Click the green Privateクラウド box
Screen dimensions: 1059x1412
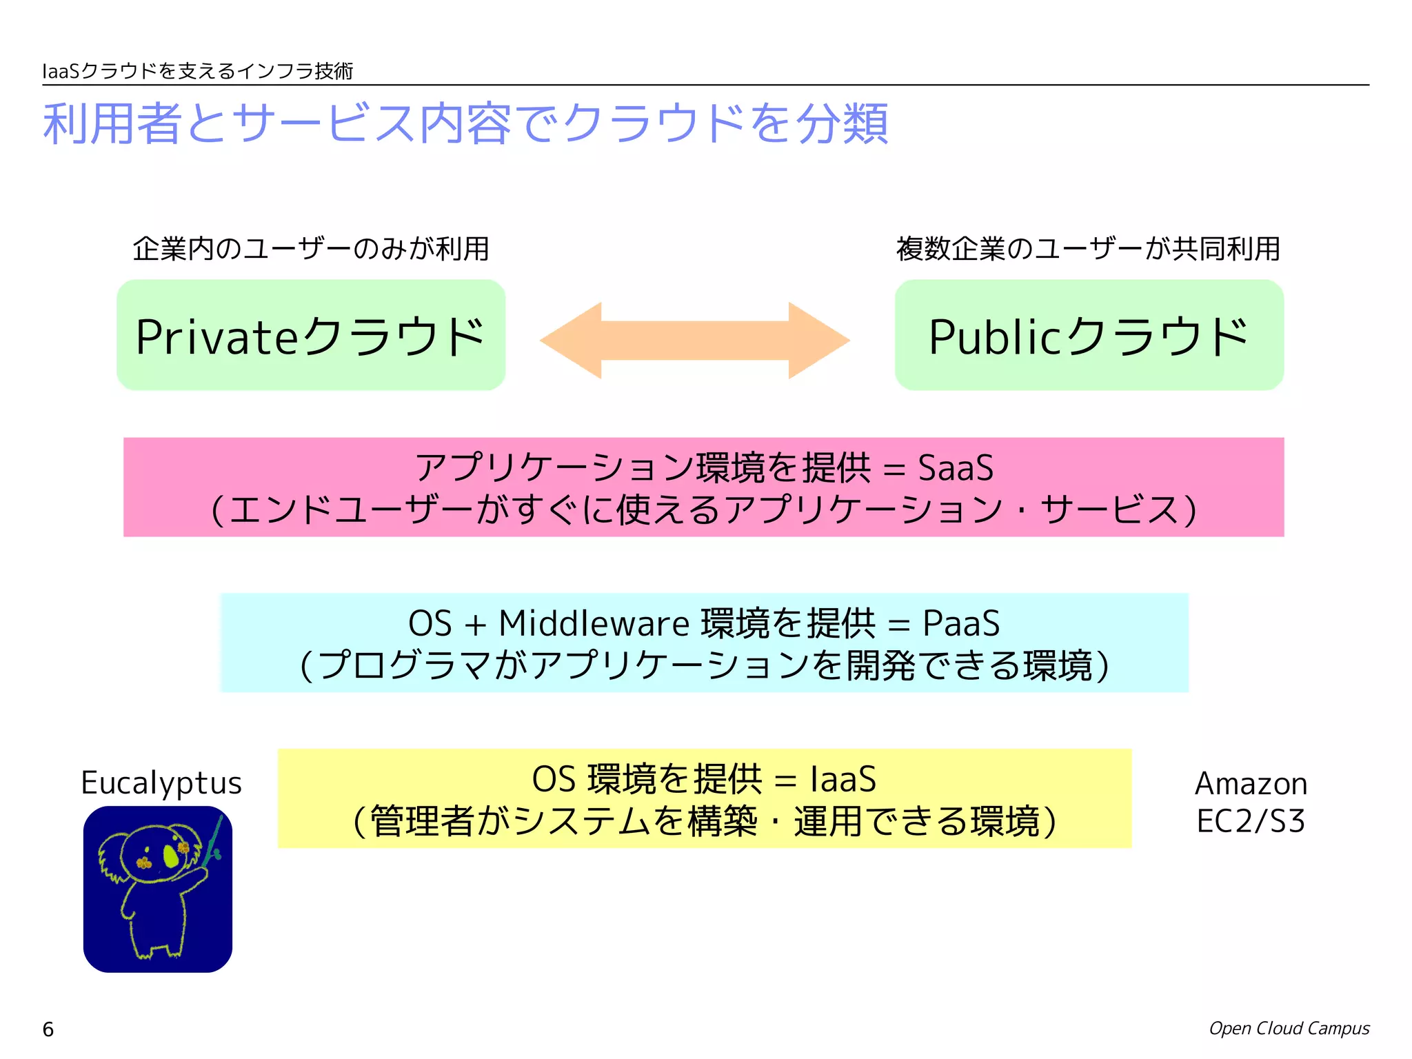[x=310, y=335]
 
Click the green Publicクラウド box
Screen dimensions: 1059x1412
[x=1089, y=335]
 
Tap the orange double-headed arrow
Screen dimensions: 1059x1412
[x=694, y=341]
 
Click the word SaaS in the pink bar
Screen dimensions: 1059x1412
[x=956, y=468]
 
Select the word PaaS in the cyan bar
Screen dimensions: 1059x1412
[x=961, y=624]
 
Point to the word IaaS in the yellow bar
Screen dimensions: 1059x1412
[x=843, y=780]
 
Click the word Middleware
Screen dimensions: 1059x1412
[x=594, y=624]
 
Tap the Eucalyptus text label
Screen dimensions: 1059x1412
[x=161, y=783]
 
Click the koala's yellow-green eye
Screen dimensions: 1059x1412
[x=171, y=856]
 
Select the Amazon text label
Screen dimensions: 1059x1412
[x=1251, y=784]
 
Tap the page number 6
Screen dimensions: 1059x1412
[x=48, y=1029]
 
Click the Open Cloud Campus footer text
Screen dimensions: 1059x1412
[x=1289, y=1029]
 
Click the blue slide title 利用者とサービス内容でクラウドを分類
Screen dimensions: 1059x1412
[x=465, y=124]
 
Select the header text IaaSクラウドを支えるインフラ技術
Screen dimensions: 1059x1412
[x=198, y=71]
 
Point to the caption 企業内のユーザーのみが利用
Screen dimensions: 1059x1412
[x=311, y=249]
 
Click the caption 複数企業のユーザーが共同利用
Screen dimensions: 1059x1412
[x=1088, y=249]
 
